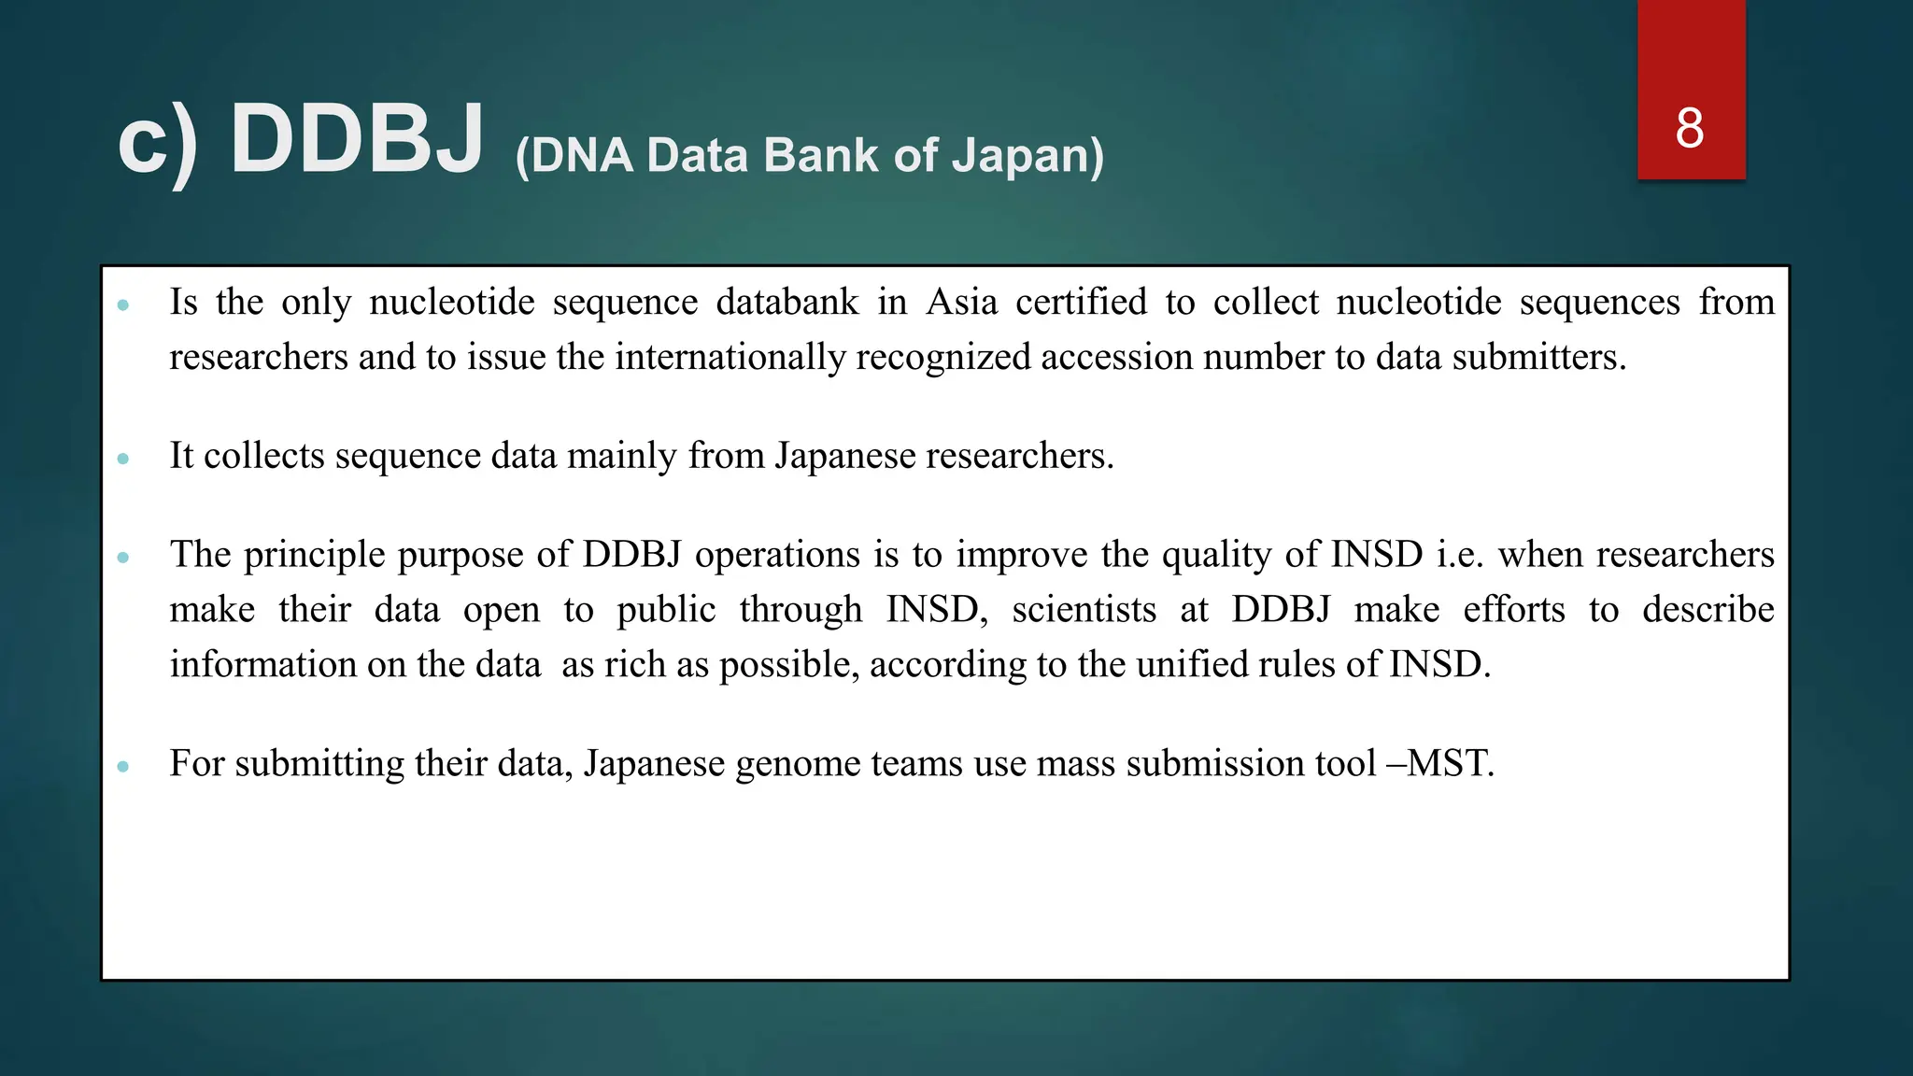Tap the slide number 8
click(1690, 128)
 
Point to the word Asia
click(961, 302)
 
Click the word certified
click(1081, 302)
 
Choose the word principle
click(315, 555)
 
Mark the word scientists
click(1084, 609)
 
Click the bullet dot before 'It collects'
click(123, 459)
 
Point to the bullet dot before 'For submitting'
click(123, 767)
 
